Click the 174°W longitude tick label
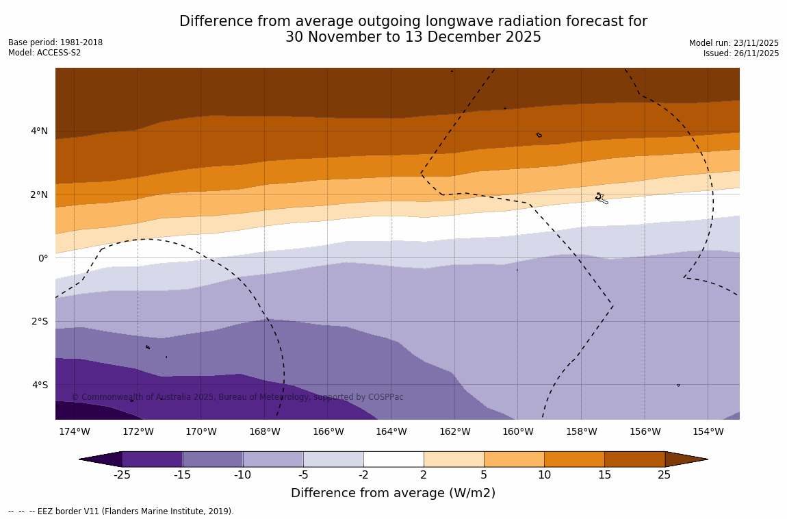coord(74,432)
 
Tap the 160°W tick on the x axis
coord(517,432)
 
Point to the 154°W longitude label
coord(708,432)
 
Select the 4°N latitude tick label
coord(39,131)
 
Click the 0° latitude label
coord(43,258)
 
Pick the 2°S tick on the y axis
coord(39,321)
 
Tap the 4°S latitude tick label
coord(39,385)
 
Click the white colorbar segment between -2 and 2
coord(393,459)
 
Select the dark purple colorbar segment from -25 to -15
coord(152,459)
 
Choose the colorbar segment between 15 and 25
coord(634,459)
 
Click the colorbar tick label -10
coord(242,475)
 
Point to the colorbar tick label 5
coord(483,475)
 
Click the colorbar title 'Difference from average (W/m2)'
coord(393,493)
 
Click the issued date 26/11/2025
coord(755,53)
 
